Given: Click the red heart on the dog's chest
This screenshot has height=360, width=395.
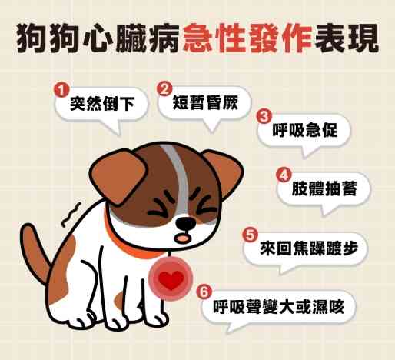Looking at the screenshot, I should [x=171, y=282].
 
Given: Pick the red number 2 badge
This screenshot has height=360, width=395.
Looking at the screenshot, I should [x=163, y=88].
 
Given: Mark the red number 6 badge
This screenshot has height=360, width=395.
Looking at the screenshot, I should [x=204, y=292].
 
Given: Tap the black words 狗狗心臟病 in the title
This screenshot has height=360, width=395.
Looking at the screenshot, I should [x=98, y=38].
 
